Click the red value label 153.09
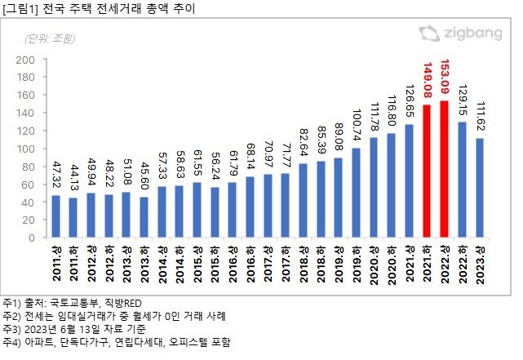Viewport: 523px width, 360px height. [444, 78]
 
